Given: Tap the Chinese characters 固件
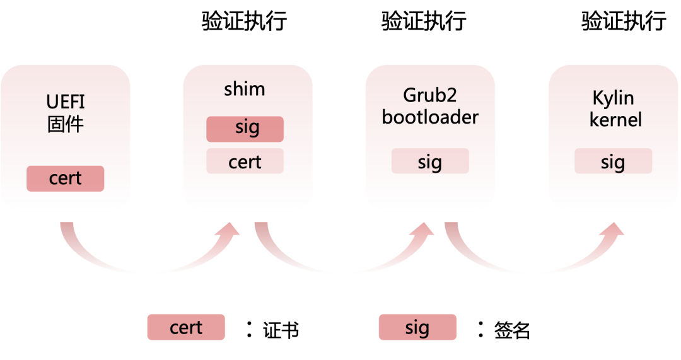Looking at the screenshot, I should pos(66,124).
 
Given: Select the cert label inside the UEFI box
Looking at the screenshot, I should pos(66,178).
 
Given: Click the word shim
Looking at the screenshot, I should pos(245,90).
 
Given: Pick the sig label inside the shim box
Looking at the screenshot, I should pos(247,127).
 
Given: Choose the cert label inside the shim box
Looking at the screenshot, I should pos(245,163).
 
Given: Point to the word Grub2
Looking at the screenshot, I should pos(430,96).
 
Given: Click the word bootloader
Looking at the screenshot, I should pos(430,117).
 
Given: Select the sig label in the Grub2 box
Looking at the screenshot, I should pos(429,163).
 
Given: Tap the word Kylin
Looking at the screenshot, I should pos(613,98).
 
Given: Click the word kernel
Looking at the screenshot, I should pos(615,120).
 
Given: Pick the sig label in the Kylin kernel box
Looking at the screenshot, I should pos(612,163).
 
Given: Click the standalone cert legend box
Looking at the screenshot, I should pos(186,327).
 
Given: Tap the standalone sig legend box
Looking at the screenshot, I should pos(417,327).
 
